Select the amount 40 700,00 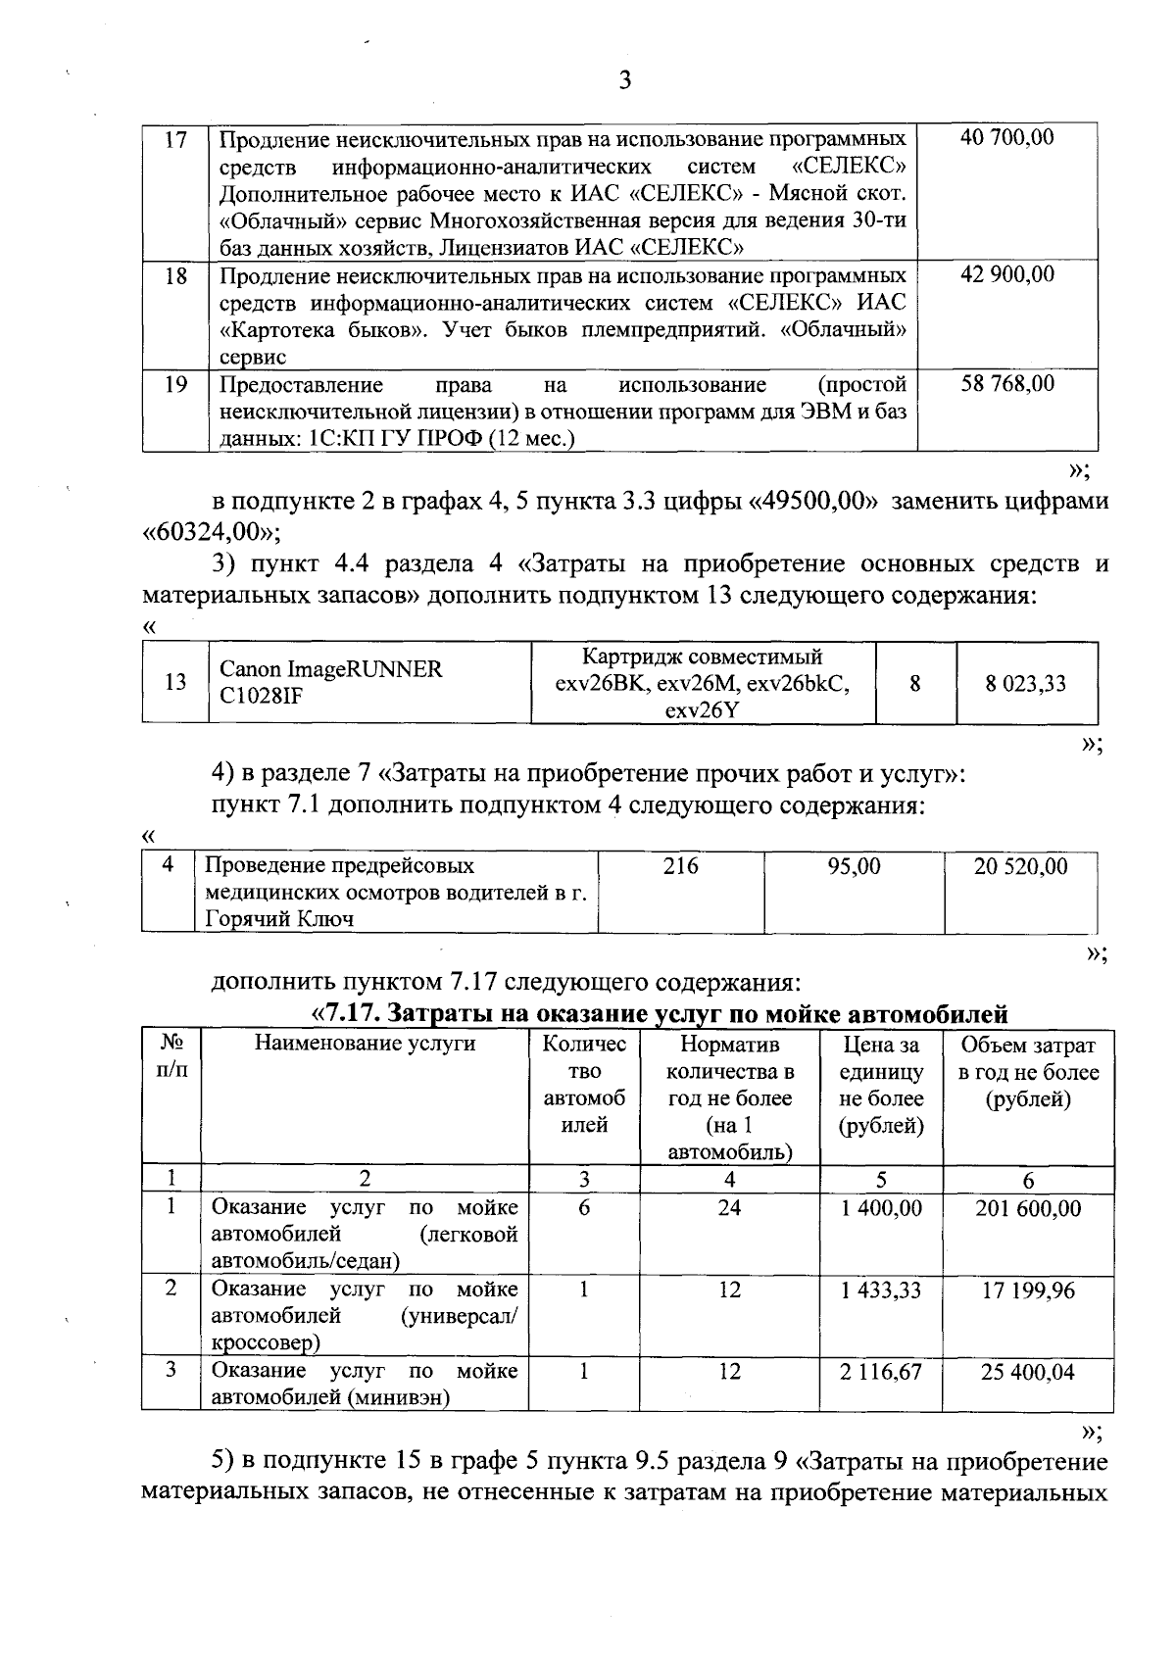tap(1007, 137)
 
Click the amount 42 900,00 tap(1007, 274)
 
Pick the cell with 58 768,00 tap(1007, 383)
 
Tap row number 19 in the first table tap(175, 384)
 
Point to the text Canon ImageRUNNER tap(330, 669)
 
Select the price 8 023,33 tap(1025, 683)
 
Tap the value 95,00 tap(854, 865)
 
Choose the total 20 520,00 tap(1020, 865)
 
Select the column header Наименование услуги tap(365, 1044)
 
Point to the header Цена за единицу tap(881, 1058)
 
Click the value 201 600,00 tap(1028, 1208)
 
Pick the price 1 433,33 tap(881, 1290)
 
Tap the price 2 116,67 tap(881, 1371)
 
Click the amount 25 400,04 tap(1028, 1371)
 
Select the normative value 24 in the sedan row tap(729, 1208)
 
